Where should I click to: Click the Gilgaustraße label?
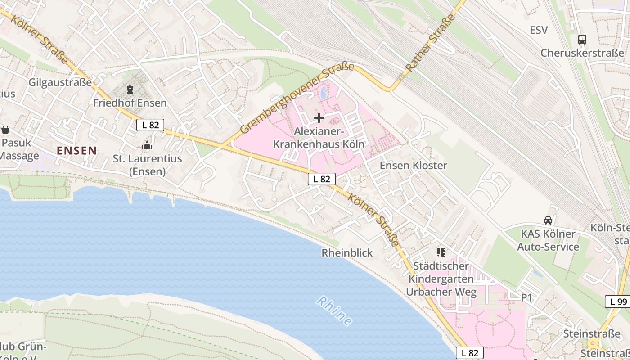60,83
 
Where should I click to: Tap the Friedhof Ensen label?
130,103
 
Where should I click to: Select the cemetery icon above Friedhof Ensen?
130,89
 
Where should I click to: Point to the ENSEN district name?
77,151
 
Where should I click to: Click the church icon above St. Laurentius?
147,145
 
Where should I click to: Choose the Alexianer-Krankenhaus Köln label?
319,138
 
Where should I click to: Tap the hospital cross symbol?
319,118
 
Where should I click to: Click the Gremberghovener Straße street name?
297,99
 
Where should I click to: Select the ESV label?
539,30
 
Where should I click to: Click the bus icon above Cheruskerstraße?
582,40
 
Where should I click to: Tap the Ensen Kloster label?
414,165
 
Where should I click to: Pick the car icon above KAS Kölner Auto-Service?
548,220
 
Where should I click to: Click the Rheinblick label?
347,253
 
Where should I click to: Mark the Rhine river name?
334,311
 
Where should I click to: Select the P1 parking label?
526,297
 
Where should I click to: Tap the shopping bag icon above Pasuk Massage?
5,130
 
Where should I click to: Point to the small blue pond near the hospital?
323,93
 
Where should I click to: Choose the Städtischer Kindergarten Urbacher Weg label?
441,279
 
